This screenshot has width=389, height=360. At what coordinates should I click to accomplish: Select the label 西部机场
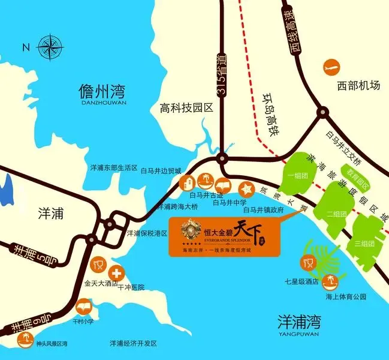click(x=358, y=85)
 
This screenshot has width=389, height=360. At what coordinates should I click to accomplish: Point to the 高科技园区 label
click(x=186, y=109)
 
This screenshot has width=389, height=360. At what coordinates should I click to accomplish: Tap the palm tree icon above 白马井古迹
click(x=206, y=179)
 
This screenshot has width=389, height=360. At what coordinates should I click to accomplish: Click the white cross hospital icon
click(x=117, y=272)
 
